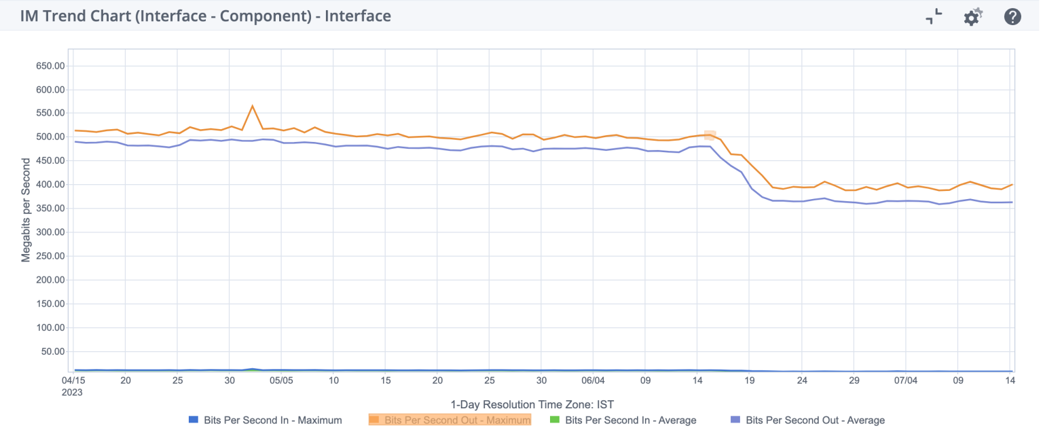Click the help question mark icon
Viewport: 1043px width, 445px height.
pos(1012,16)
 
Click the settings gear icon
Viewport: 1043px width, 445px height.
pos(973,16)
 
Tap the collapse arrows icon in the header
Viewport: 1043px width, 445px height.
pos(934,16)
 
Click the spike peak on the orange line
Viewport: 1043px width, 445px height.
pos(253,106)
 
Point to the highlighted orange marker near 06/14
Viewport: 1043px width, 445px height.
pos(710,135)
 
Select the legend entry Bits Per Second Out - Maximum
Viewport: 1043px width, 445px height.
pos(450,420)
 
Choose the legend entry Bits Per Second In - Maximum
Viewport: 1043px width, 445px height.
pos(266,420)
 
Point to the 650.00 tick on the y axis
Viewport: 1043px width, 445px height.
pos(50,66)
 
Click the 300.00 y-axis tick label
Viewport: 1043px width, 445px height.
pos(50,232)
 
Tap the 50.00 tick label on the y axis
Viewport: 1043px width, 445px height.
pos(52,351)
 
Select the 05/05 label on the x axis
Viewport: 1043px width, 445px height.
pos(281,380)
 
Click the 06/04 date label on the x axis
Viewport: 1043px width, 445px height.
pos(593,380)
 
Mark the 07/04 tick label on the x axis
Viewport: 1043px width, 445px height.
pos(906,380)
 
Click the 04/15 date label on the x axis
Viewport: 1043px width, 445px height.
pos(73,380)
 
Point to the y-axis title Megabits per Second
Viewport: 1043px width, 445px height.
pos(26,210)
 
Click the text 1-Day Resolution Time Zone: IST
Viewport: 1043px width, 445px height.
pos(532,404)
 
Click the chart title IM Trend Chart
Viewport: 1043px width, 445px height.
pos(205,16)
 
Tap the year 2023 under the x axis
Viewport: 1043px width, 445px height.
pos(73,391)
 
